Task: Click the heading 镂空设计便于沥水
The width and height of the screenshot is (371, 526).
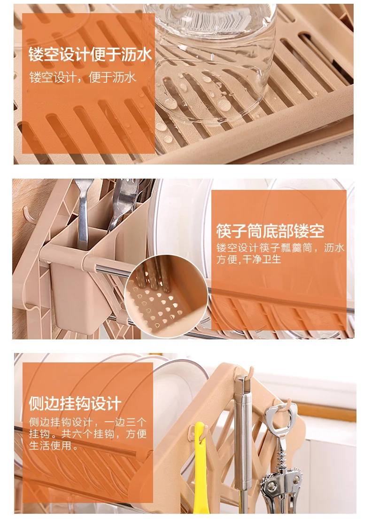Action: pos(90,55)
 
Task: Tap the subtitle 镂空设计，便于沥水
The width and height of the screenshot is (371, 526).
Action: pos(83,78)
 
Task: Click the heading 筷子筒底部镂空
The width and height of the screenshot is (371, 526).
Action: pos(270,231)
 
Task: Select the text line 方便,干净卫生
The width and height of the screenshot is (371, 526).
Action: pos(248,259)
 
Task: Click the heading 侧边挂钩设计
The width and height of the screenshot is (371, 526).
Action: pos(75,403)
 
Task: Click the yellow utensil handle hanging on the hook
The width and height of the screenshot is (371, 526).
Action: pos(201,470)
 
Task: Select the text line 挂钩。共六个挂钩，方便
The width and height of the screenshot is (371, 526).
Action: pos(88,434)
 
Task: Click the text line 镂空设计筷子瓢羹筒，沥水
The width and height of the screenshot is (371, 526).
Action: pos(280,248)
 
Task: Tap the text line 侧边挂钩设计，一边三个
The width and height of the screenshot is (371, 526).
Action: pos(88,422)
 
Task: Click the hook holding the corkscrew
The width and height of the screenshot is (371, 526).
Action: pos(285,404)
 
